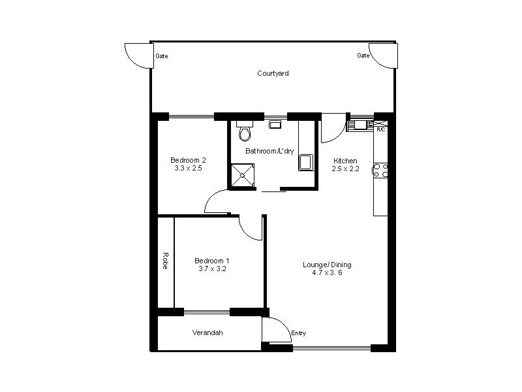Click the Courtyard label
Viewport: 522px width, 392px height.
point(273,74)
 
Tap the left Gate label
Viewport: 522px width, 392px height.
point(162,56)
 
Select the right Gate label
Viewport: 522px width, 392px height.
point(363,56)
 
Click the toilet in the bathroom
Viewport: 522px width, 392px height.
point(245,133)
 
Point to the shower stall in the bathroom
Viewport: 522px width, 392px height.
point(242,175)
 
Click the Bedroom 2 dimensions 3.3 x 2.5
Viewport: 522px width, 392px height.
point(188,169)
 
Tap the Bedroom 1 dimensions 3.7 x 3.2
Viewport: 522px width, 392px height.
point(212,269)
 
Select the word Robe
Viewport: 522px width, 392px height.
point(166,261)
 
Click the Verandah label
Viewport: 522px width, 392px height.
point(207,333)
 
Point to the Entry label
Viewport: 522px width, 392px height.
point(298,333)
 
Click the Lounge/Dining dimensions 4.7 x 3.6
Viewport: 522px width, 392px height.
point(327,273)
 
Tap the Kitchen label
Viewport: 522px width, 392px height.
point(345,161)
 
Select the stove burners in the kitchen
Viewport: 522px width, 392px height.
point(380,171)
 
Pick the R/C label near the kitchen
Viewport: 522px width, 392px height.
point(381,129)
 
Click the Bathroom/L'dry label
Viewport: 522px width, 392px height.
point(269,151)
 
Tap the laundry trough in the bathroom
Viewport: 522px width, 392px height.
point(305,162)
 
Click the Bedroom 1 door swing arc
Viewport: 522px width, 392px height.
point(249,229)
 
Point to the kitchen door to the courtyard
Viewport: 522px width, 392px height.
point(332,131)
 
